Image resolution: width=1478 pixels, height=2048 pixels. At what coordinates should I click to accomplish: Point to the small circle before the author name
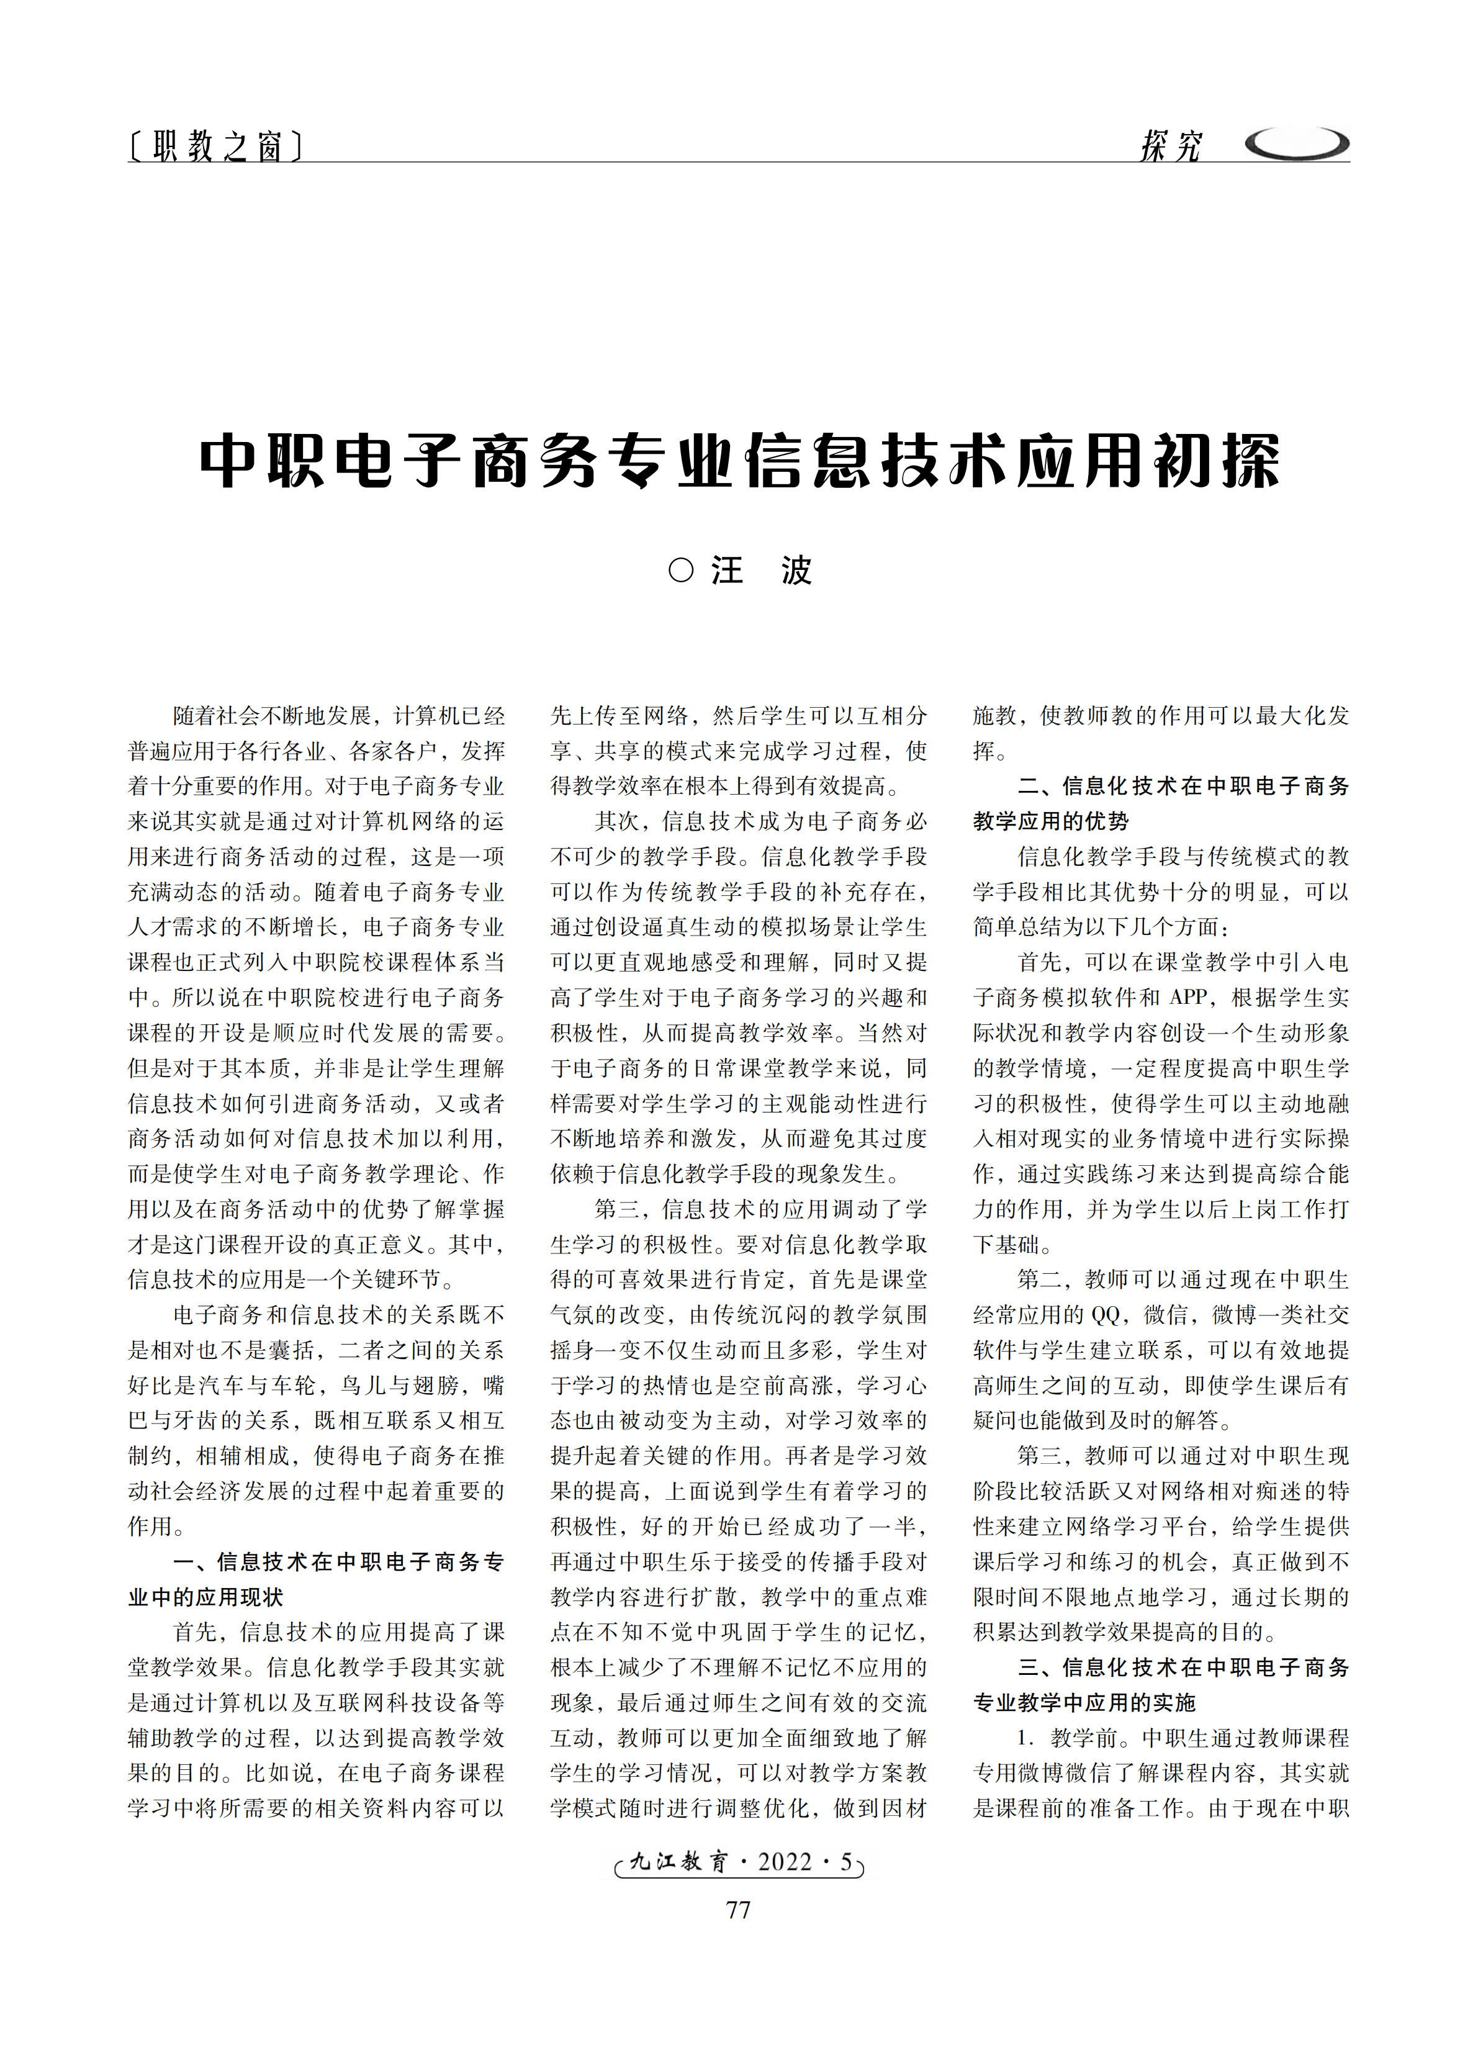681,571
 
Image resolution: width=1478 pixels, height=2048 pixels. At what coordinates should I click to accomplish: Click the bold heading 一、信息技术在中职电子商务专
338,1561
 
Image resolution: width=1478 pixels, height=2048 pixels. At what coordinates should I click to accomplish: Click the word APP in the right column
1188,998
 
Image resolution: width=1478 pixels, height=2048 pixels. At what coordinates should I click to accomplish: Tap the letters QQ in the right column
1104,1315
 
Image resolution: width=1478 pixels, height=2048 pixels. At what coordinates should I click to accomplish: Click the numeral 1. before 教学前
1025,1738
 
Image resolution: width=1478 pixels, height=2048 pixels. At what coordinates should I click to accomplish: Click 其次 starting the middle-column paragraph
616,821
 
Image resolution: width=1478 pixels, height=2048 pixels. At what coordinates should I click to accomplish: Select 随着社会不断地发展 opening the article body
271,716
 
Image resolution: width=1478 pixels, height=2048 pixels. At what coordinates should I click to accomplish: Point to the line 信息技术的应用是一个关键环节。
292,1279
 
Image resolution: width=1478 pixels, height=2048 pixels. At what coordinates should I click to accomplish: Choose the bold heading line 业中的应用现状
206,1597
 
